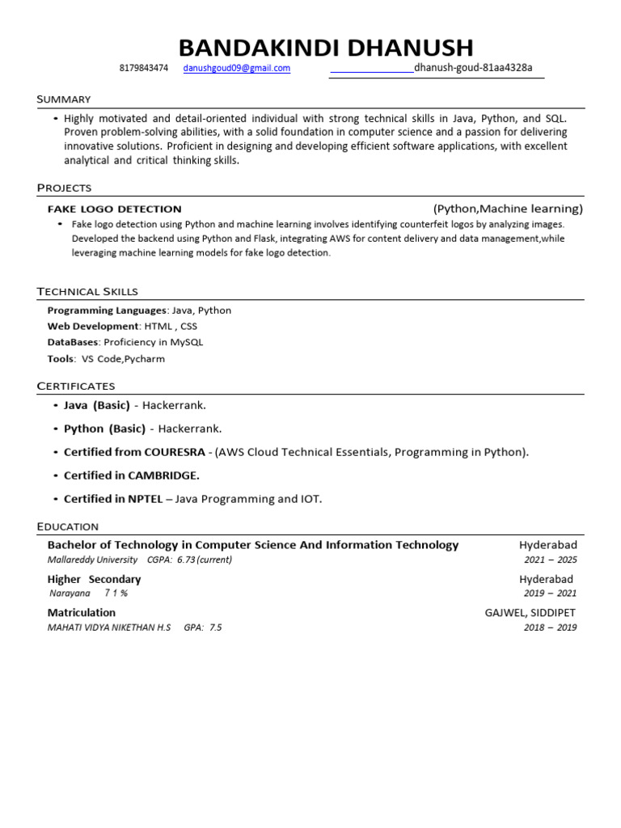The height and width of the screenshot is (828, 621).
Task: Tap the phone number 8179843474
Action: point(144,69)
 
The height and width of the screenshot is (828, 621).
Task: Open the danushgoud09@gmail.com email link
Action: point(236,69)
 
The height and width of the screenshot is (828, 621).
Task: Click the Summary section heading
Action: point(64,99)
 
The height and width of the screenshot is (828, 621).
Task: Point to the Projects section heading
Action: point(64,188)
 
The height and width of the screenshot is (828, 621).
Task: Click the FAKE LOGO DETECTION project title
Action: point(115,209)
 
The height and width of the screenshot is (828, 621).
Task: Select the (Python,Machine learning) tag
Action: point(508,209)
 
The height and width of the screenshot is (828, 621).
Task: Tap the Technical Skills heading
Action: point(87,291)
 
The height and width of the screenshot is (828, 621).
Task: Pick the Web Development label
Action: point(93,327)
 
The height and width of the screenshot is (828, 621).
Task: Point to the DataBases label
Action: point(73,342)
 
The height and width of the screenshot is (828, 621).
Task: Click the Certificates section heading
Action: point(76,386)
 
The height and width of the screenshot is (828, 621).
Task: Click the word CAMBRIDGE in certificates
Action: point(163,475)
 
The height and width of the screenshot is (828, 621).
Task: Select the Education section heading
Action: point(68,526)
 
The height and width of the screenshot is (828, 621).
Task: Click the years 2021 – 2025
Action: point(550,560)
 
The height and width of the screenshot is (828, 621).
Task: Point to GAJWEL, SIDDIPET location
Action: point(531,613)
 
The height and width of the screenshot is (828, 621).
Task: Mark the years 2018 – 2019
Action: point(550,627)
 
